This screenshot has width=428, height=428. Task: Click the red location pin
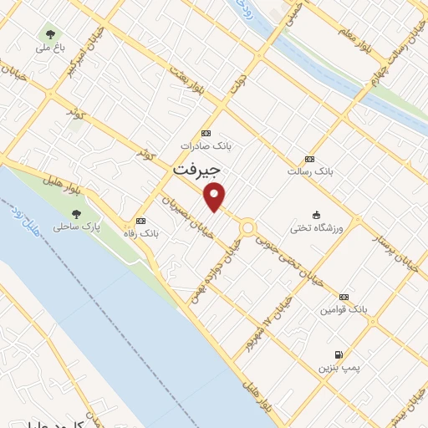tap(216, 197)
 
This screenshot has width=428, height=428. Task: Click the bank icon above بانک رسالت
tap(309, 159)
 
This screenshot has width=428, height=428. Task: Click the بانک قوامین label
tap(342, 310)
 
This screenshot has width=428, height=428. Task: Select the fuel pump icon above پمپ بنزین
tap(338, 354)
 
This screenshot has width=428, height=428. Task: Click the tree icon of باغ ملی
tap(51, 34)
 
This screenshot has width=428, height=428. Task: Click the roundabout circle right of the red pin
tap(248, 227)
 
